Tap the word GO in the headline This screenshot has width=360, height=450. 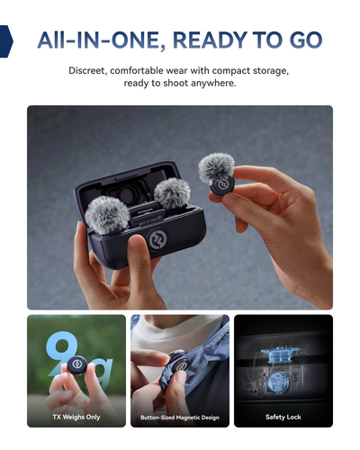[x=306, y=40]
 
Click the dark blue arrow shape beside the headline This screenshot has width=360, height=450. [x=6, y=41]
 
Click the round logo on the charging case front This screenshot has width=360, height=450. [x=158, y=239]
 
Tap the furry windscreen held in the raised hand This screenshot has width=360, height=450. [x=216, y=168]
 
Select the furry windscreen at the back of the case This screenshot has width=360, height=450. [x=172, y=193]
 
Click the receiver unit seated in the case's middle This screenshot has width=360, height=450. [x=148, y=217]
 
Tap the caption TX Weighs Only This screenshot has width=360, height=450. [x=76, y=417]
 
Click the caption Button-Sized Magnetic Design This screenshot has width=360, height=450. [x=180, y=418]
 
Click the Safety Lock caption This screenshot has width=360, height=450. [x=283, y=417]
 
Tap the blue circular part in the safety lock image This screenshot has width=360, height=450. [x=278, y=382]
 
